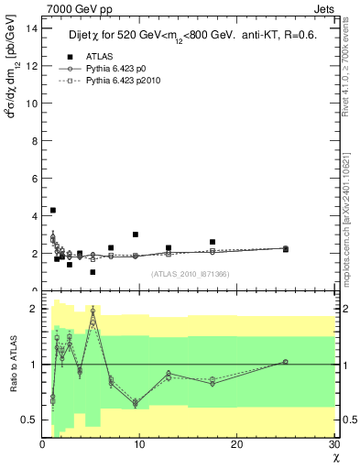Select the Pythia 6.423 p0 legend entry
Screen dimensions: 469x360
coord(116,69)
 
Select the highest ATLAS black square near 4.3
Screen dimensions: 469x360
coord(53,210)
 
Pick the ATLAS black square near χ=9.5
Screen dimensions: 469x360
coord(136,234)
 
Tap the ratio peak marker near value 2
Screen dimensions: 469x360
coord(93,311)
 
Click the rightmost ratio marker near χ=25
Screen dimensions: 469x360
coord(285,362)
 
